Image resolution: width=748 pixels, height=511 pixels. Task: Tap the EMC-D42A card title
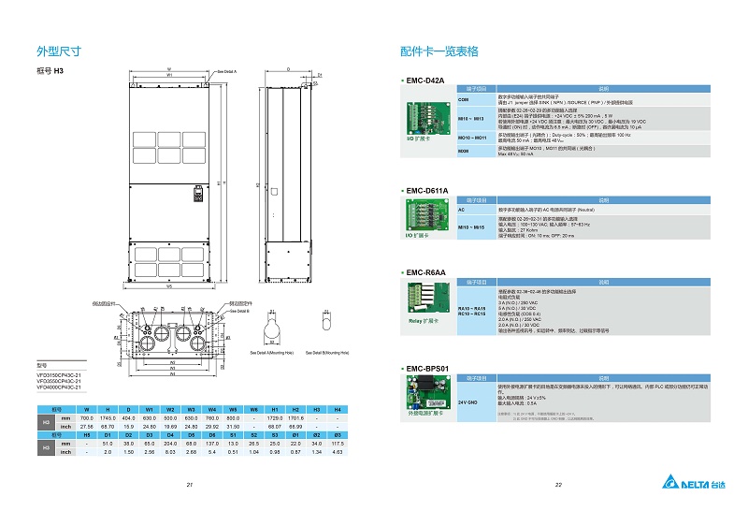point(424,80)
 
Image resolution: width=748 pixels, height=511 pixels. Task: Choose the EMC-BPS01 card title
point(428,369)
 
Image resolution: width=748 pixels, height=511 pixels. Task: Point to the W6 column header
point(254,410)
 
